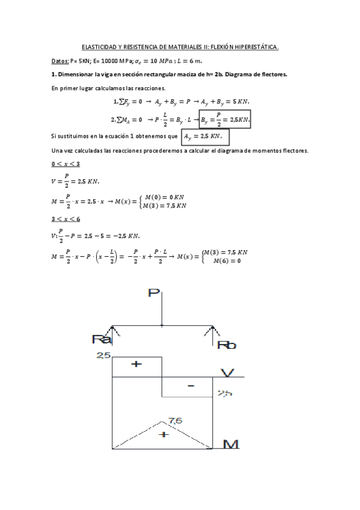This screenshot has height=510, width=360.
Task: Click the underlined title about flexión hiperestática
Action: pos(180,47)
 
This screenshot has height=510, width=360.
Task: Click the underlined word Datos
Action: pos(60,61)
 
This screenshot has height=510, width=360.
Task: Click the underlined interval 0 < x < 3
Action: pos(66,164)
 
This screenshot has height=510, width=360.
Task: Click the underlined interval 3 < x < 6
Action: pos(66,219)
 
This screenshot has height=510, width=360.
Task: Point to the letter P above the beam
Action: pos(154,294)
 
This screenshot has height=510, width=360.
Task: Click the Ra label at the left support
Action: pos(101,340)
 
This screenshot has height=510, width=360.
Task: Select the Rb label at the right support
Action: pos(227,345)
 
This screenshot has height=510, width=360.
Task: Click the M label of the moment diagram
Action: pos(231,444)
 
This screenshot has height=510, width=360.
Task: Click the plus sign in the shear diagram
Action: pos(136,364)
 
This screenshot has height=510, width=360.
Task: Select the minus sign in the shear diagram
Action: pos(191,386)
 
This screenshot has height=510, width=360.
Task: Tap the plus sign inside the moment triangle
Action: pos(162,434)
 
